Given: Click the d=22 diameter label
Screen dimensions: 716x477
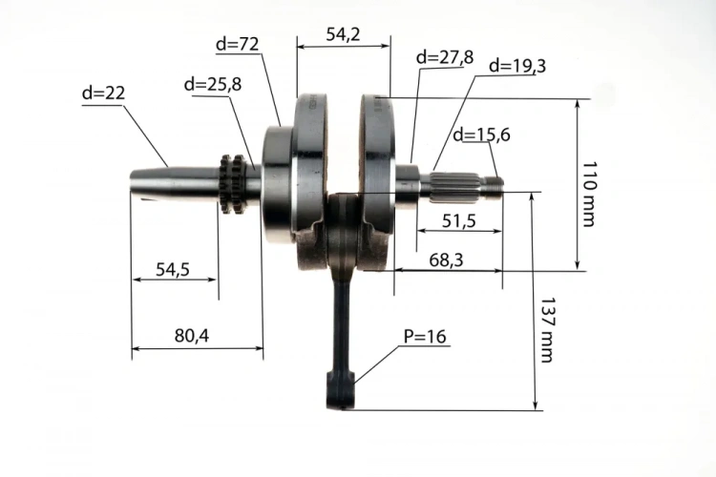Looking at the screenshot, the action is tap(103, 93).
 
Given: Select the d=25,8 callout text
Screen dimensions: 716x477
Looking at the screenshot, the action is tap(213, 85).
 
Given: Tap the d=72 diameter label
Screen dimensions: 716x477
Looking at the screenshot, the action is tap(238, 44).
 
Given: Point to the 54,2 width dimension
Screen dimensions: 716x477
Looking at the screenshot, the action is tap(343, 34).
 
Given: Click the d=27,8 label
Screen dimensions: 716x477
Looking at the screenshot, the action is tap(445, 57).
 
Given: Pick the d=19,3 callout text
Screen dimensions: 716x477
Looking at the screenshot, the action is tap(517, 66).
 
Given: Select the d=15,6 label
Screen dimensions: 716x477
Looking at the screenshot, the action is tap(481, 135).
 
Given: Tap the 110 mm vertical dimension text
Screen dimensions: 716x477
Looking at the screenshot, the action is tap(589, 194).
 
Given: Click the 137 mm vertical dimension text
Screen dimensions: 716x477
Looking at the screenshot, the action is tap(547, 330).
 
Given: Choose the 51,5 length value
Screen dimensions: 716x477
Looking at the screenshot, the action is tap(459, 221).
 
